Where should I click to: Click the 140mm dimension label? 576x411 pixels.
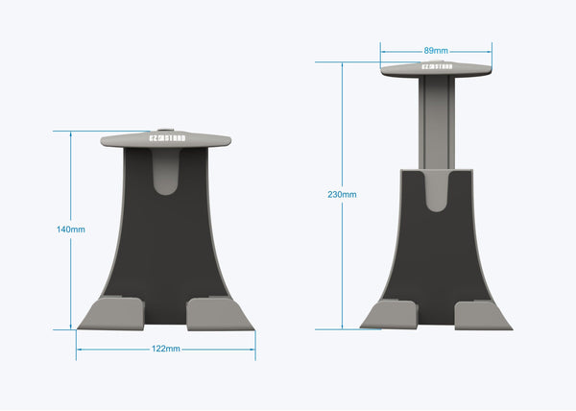[x=71, y=230]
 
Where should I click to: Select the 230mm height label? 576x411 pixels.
[x=342, y=194]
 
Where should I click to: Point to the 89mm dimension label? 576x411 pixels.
[x=436, y=50]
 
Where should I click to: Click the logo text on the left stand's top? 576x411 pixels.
[x=166, y=137]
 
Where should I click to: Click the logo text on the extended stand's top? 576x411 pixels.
[x=436, y=66]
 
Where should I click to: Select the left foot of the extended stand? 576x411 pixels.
[x=390, y=314]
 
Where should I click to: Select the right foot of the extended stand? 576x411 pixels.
[x=483, y=314]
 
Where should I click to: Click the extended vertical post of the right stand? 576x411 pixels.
[x=436, y=120]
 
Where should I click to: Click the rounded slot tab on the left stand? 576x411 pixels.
[x=166, y=173]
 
